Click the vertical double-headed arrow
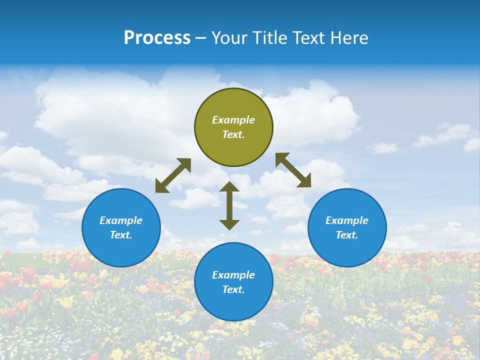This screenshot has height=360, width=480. coord(229,206)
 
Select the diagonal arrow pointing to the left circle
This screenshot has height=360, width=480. coord(173,175)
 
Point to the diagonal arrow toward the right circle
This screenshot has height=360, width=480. coord(293,170)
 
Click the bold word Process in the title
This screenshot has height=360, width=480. coord(157,38)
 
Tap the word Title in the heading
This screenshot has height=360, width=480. coord(269,38)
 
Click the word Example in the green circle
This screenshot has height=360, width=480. coord(233,120)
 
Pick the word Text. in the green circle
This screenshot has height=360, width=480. coord(233,135)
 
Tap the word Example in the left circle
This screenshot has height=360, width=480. coord(121,220)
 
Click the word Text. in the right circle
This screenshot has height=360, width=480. coord(347,235)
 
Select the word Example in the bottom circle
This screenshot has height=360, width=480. coord(233,275)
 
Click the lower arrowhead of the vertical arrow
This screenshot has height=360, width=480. coord(229,225)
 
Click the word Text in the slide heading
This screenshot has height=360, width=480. coord(309,38)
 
